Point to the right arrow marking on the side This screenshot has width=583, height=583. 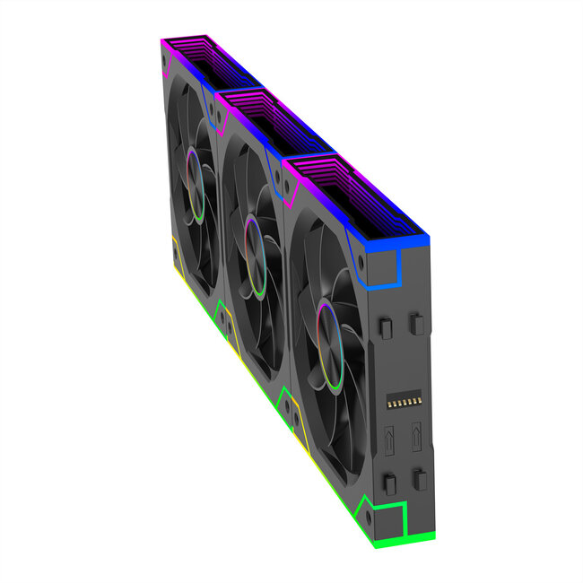(x=416, y=439)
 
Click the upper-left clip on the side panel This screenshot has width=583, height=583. (x=386, y=328)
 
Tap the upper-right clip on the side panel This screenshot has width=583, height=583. (x=416, y=322)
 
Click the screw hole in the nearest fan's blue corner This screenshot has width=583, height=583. (x=361, y=264)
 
